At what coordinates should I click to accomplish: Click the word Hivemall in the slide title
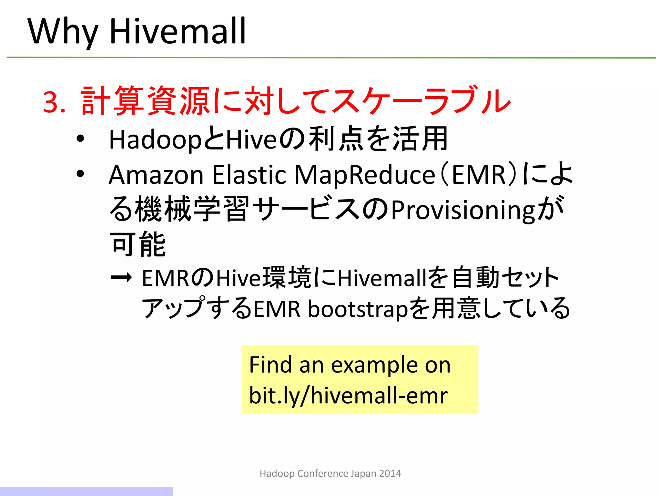(178, 31)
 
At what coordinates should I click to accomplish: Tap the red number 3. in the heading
(54, 102)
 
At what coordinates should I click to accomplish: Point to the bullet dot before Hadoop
(80, 139)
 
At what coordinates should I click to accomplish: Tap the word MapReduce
(365, 175)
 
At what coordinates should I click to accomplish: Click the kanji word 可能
(138, 244)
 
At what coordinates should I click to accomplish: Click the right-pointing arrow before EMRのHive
(121, 277)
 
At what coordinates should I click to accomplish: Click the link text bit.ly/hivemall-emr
(348, 396)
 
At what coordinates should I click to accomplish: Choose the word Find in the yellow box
(270, 365)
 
